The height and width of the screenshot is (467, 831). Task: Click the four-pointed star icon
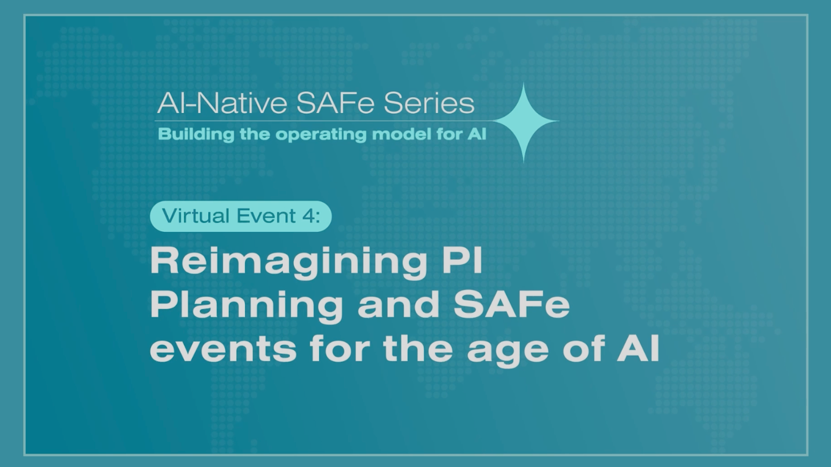coord(524,122)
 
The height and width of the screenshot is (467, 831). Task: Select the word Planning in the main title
coord(246,305)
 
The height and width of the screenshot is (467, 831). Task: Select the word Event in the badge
coord(266,216)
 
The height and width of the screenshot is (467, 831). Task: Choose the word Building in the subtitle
coord(196,134)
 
